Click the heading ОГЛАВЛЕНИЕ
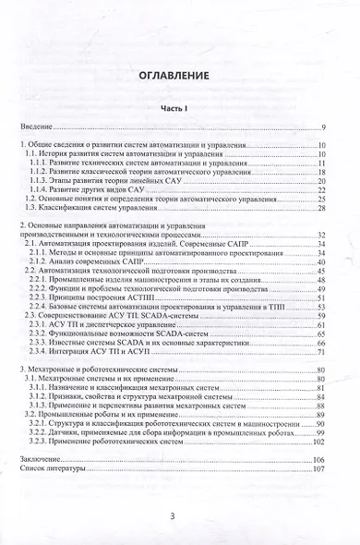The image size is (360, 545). point(180,78)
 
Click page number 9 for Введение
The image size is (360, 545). point(324,127)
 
